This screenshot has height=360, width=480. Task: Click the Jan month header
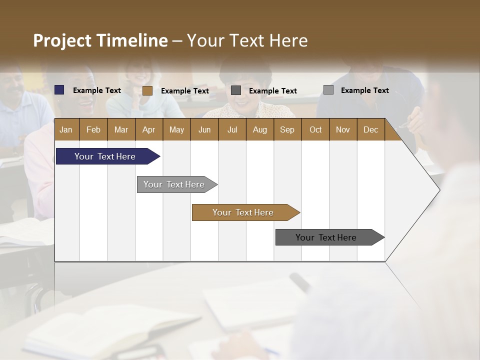[66, 129]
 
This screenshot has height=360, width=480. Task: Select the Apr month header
[148, 129]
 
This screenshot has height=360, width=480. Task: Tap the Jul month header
[232, 129]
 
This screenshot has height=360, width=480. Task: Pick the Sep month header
[287, 129]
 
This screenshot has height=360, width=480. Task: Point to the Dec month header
[370, 129]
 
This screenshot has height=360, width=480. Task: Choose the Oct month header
[315, 129]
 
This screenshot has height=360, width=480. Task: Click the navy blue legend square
[59, 90]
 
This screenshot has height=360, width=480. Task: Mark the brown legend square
[147, 90]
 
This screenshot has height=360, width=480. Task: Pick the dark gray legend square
[236, 90]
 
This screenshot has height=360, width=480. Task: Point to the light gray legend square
[328, 90]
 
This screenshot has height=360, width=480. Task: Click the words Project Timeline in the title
[100, 40]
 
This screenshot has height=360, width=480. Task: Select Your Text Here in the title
[247, 40]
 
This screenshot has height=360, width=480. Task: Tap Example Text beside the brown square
[184, 91]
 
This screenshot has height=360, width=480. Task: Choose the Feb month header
[93, 129]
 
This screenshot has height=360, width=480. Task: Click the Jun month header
[204, 129]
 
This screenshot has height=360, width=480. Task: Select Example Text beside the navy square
[96, 90]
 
